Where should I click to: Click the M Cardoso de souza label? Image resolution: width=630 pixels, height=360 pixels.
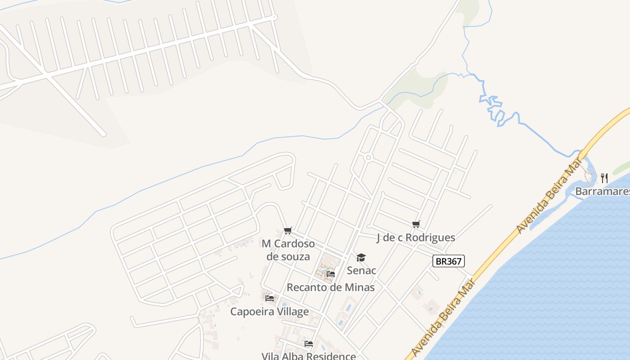pyautogui.click(x=288, y=250)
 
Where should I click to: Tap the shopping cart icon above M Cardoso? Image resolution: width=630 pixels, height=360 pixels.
pyautogui.click(x=288, y=231)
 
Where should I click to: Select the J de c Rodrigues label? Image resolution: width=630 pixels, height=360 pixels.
pyautogui.click(x=415, y=238)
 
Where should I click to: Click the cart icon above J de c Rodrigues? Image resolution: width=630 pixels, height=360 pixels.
pyautogui.click(x=416, y=224)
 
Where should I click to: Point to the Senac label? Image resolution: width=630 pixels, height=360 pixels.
pyautogui.click(x=361, y=270)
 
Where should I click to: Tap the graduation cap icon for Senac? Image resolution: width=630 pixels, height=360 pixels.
pyautogui.click(x=361, y=257)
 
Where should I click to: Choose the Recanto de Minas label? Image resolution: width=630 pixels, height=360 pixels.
pyautogui.click(x=330, y=287)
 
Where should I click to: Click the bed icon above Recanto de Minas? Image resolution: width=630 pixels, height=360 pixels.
pyautogui.click(x=331, y=274)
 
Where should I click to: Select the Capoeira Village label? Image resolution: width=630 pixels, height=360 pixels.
pyautogui.click(x=270, y=311)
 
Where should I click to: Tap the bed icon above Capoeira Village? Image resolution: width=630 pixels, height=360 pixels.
pyautogui.click(x=270, y=298)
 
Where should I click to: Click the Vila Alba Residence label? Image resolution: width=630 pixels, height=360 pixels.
pyautogui.click(x=309, y=356)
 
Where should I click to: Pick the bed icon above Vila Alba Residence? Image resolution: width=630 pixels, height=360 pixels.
pyautogui.click(x=309, y=344)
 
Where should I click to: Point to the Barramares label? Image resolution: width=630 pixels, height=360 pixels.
pyautogui.click(x=602, y=191)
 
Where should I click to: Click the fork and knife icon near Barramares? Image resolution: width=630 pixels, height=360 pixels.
pyautogui.click(x=604, y=178)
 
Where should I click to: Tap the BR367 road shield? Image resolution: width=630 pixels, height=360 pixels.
pyautogui.click(x=448, y=261)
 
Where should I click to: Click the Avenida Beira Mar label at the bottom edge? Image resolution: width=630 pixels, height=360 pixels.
pyautogui.click(x=443, y=318)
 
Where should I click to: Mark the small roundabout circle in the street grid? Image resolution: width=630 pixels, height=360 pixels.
pyautogui.click(x=368, y=157)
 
